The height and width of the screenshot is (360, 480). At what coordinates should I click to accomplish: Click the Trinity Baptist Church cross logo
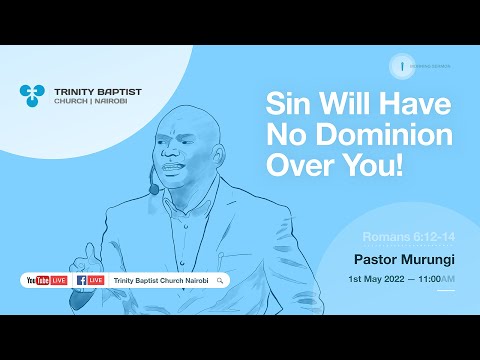click(32, 96)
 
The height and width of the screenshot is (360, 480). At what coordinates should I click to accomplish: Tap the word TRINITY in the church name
click(68, 91)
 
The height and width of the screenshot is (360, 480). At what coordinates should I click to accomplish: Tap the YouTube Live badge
click(44, 281)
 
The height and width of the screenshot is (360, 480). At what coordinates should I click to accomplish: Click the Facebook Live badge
click(89, 281)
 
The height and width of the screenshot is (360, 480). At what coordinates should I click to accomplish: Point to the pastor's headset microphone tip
click(153, 188)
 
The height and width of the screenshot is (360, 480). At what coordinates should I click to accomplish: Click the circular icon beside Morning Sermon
click(401, 66)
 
